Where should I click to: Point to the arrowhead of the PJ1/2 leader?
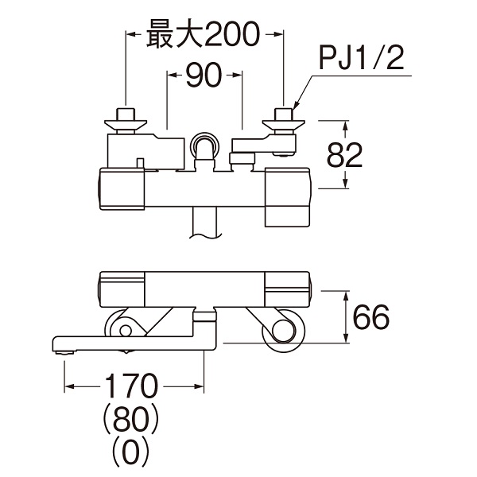tap(291, 108)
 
